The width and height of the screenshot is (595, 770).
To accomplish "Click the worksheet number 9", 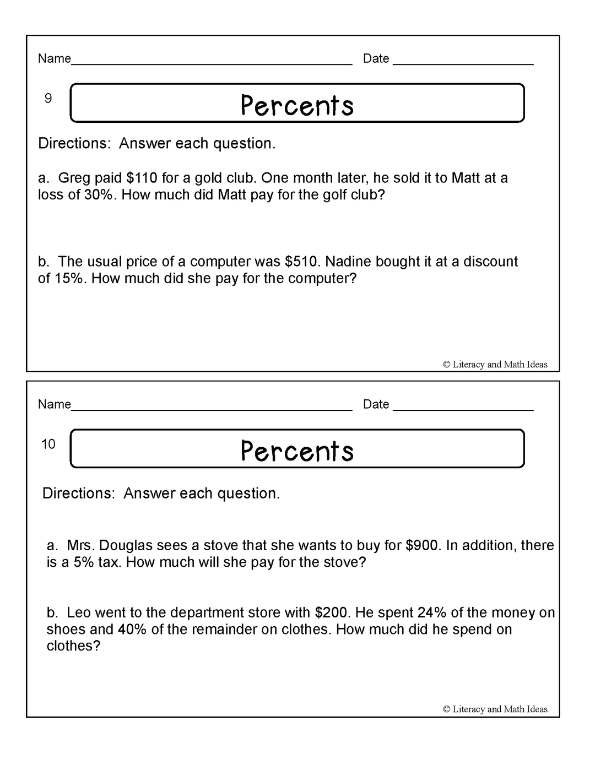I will tap(48, 99).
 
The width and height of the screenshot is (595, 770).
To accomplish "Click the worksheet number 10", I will tap(48, 444).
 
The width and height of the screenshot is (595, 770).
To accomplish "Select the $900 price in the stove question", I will tap(423, 545).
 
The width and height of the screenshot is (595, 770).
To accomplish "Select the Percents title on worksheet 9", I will tap(297, 105).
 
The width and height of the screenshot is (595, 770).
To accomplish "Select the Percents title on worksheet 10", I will tap(297, 451).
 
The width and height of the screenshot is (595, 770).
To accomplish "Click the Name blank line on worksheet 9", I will tap(212, 63).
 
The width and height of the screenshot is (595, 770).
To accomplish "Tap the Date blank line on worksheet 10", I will tap(463, 409).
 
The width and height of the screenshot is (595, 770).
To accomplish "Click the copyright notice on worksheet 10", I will tap(495, 709).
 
